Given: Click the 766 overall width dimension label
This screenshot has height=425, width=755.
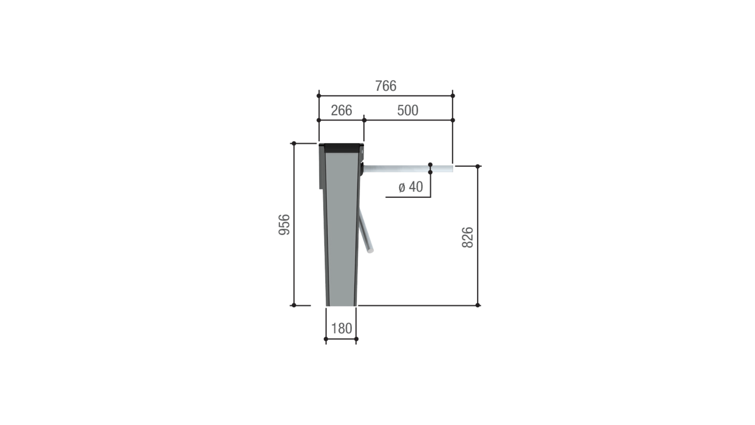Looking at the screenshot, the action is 385,86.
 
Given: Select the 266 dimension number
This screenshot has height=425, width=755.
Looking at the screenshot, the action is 341,110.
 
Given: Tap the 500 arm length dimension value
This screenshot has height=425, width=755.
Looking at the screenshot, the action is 408,110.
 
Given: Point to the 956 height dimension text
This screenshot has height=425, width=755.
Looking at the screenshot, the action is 284,225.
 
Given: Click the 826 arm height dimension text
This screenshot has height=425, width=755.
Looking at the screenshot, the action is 467,237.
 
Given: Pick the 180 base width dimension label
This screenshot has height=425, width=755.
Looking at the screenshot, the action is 341,329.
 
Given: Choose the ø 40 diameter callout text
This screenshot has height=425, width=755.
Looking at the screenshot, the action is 411,187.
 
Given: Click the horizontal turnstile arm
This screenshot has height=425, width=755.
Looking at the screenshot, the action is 408,168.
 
